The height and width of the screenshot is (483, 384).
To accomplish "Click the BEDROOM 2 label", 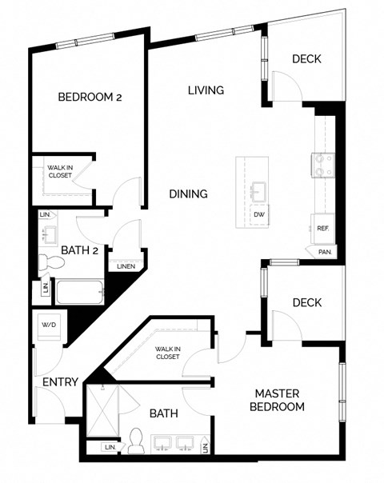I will coord(90,98).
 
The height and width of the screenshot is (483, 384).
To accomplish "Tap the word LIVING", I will coord(206,90).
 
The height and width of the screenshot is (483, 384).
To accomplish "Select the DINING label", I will coord(189,194).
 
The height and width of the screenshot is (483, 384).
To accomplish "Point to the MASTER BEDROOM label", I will coord(279,400).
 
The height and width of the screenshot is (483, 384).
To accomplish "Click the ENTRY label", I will coord(59,382).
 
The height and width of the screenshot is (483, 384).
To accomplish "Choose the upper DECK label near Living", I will coord(306,58).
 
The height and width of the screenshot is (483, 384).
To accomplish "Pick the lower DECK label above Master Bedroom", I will coord(306,302).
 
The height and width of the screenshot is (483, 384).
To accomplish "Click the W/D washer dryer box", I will coord(48,325).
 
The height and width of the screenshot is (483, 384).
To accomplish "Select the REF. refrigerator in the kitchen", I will coord(322,228).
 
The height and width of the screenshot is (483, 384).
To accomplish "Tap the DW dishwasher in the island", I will coord(258,214).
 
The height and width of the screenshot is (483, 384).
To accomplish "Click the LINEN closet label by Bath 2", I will coord(126,266).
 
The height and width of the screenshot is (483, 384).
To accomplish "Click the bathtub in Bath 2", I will coord(78,291).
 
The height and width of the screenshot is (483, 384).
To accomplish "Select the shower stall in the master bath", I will coord(106,409).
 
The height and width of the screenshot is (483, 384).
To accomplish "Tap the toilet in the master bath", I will coord(137,439).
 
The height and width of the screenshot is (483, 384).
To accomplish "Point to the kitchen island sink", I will coord(258,191).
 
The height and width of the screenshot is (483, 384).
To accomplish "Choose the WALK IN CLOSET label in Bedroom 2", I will coord(59,171).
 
